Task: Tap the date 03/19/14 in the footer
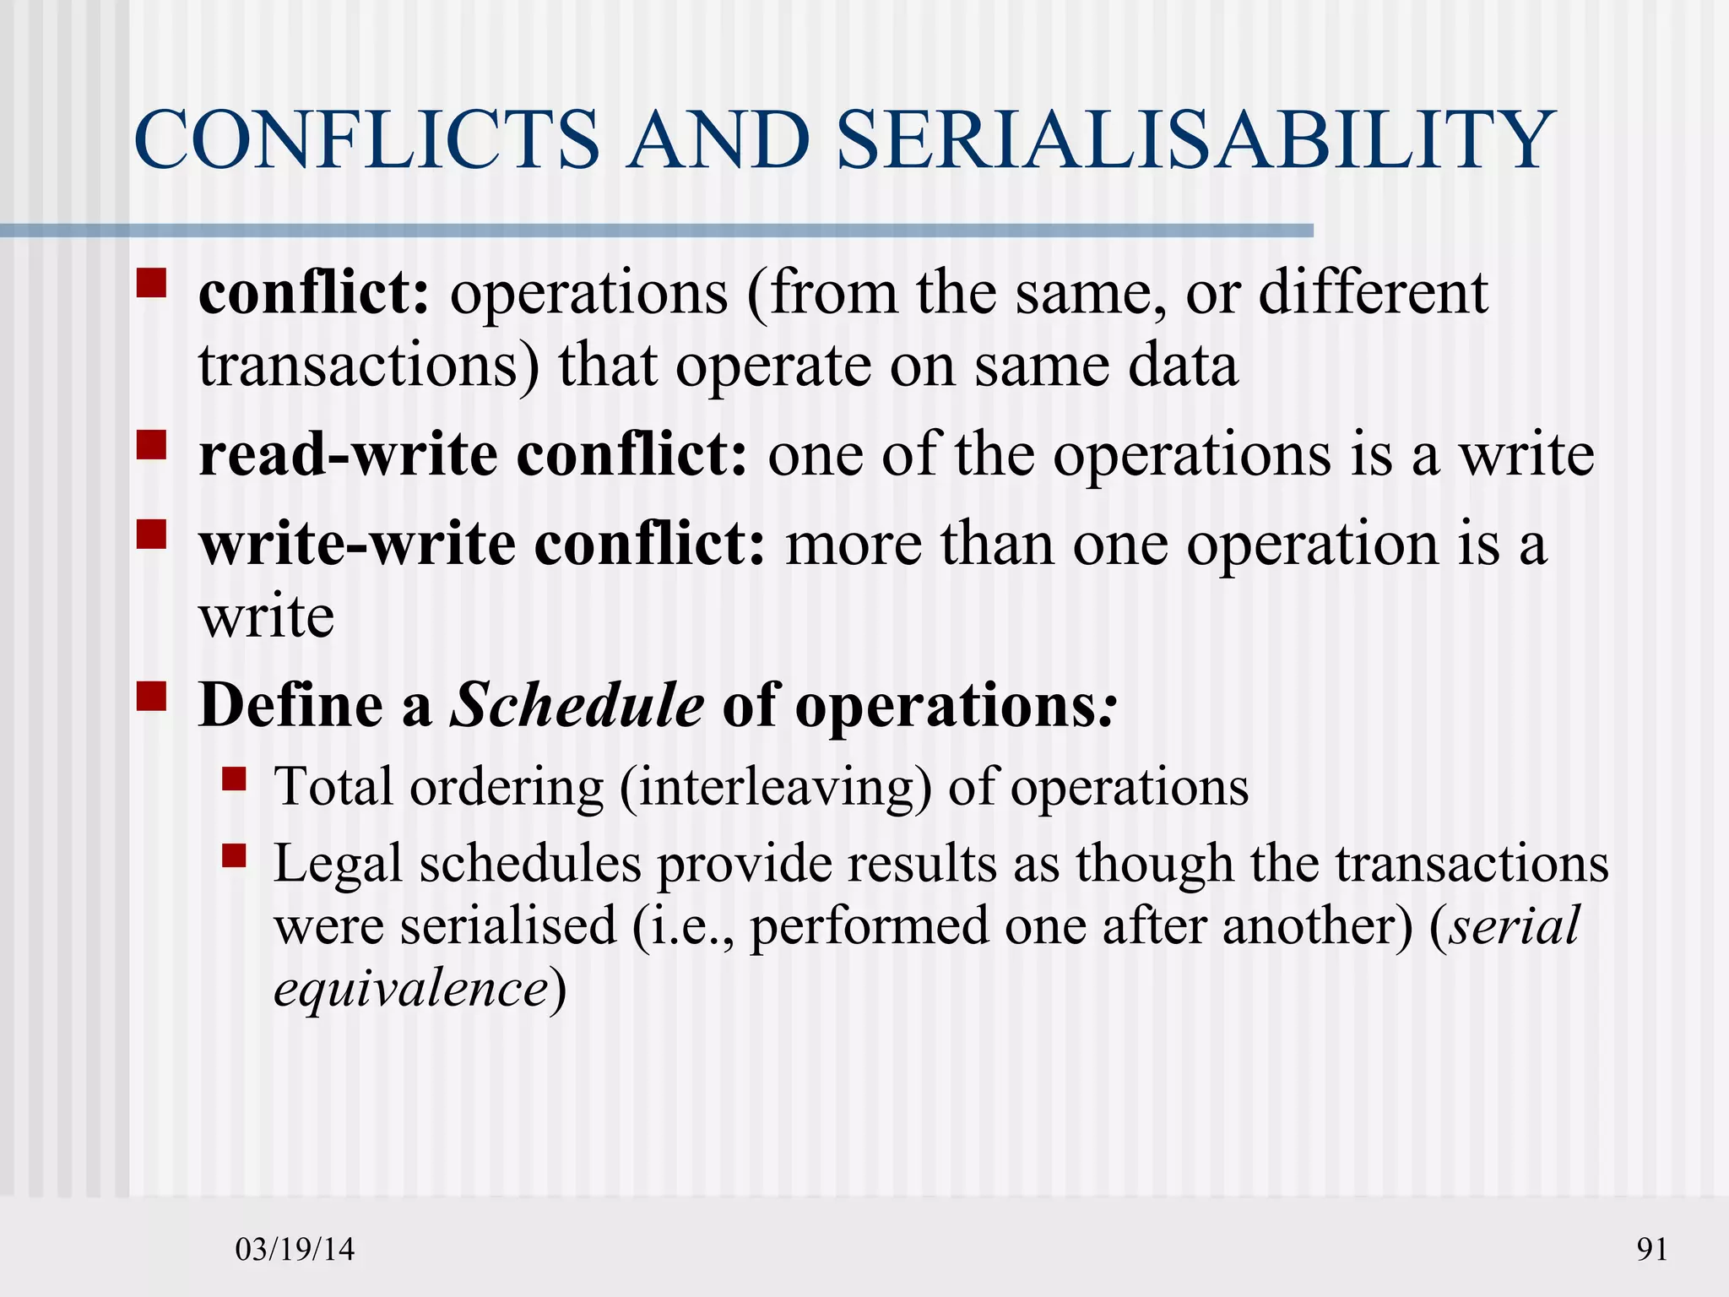[295, 1249]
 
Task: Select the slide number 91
[1652, 1249]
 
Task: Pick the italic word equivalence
[412, 988]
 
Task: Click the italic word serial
[1514, 925]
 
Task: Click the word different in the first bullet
[1373, 293]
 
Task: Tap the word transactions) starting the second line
[369, 366]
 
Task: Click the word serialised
[508, 925]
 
